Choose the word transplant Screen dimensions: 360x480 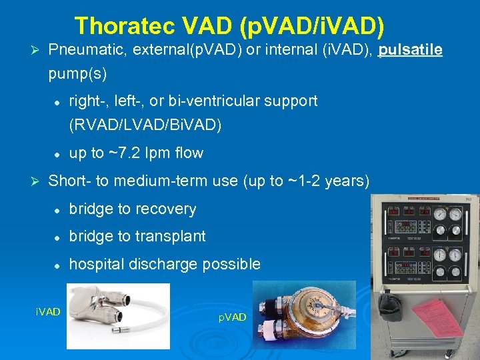click(x=175, y=236)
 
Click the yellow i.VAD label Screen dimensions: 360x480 click(x=48, y=312)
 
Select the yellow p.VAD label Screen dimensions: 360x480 click(x=232, y=317)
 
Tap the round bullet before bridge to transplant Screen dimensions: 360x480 click(x=57, y=237)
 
